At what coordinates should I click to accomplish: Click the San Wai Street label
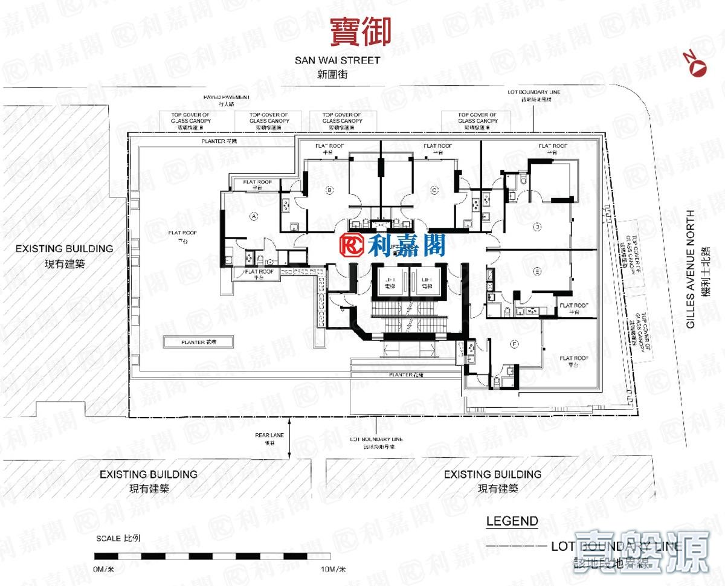point(337,60)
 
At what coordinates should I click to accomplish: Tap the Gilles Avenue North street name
point(691,266)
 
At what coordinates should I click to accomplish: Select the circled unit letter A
point(253,215)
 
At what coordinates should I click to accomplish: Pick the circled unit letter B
point(329,191)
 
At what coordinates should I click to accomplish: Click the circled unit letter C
point(434,191)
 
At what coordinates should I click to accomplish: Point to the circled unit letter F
point(514,344)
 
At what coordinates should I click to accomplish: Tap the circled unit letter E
point(537,271)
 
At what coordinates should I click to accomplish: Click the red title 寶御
point(360,31)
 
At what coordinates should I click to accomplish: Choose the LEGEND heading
point(512,521)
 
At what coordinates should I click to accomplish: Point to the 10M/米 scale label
point(333,569)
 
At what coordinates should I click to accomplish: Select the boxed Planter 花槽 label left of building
point(199,342)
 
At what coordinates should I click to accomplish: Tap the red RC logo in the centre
point(352,245)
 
